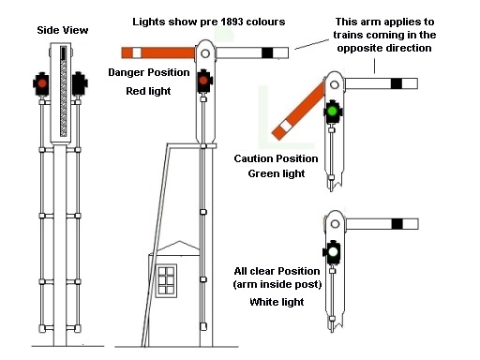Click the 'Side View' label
point(63,30)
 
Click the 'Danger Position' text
point(149,72)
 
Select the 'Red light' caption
point(148,91)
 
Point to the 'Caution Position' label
point(276,158)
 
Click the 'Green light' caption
point(277,173)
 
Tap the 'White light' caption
point(277,302)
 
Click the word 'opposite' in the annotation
point(356,49)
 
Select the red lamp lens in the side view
point(42,83)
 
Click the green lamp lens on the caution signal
point(333,111)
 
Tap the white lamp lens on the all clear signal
point(333,251)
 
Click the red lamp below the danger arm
point(203,81)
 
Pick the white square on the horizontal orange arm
point(137,52)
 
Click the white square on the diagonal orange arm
point(285,127)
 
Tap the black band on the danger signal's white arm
point(267,52)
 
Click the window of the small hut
point(166,280)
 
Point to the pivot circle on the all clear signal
point(335,224)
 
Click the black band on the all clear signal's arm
point(397,224)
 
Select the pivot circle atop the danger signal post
point(205,53)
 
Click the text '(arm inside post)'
point(277,285)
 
